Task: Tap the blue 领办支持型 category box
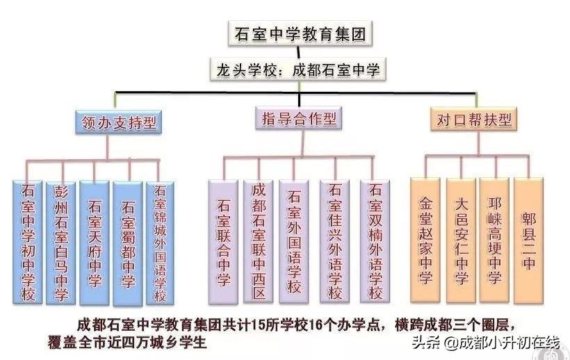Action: coord(117,124)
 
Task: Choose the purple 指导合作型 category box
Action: coord(298,118)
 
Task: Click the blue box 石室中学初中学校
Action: coord(28,242)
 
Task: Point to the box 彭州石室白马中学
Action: coord(61,242)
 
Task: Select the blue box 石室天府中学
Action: coord(95,242)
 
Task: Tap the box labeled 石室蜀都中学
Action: coord(128,242)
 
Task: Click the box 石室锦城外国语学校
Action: coord(160,242)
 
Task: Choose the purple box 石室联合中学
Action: coord(224,242)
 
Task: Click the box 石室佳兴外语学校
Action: coord(335,242)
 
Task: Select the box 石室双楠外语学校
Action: coord(376,242)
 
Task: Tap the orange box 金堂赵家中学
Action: coord(426,240)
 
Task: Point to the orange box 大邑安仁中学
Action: coord(461,240)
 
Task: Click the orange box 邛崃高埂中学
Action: coord(495,240)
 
